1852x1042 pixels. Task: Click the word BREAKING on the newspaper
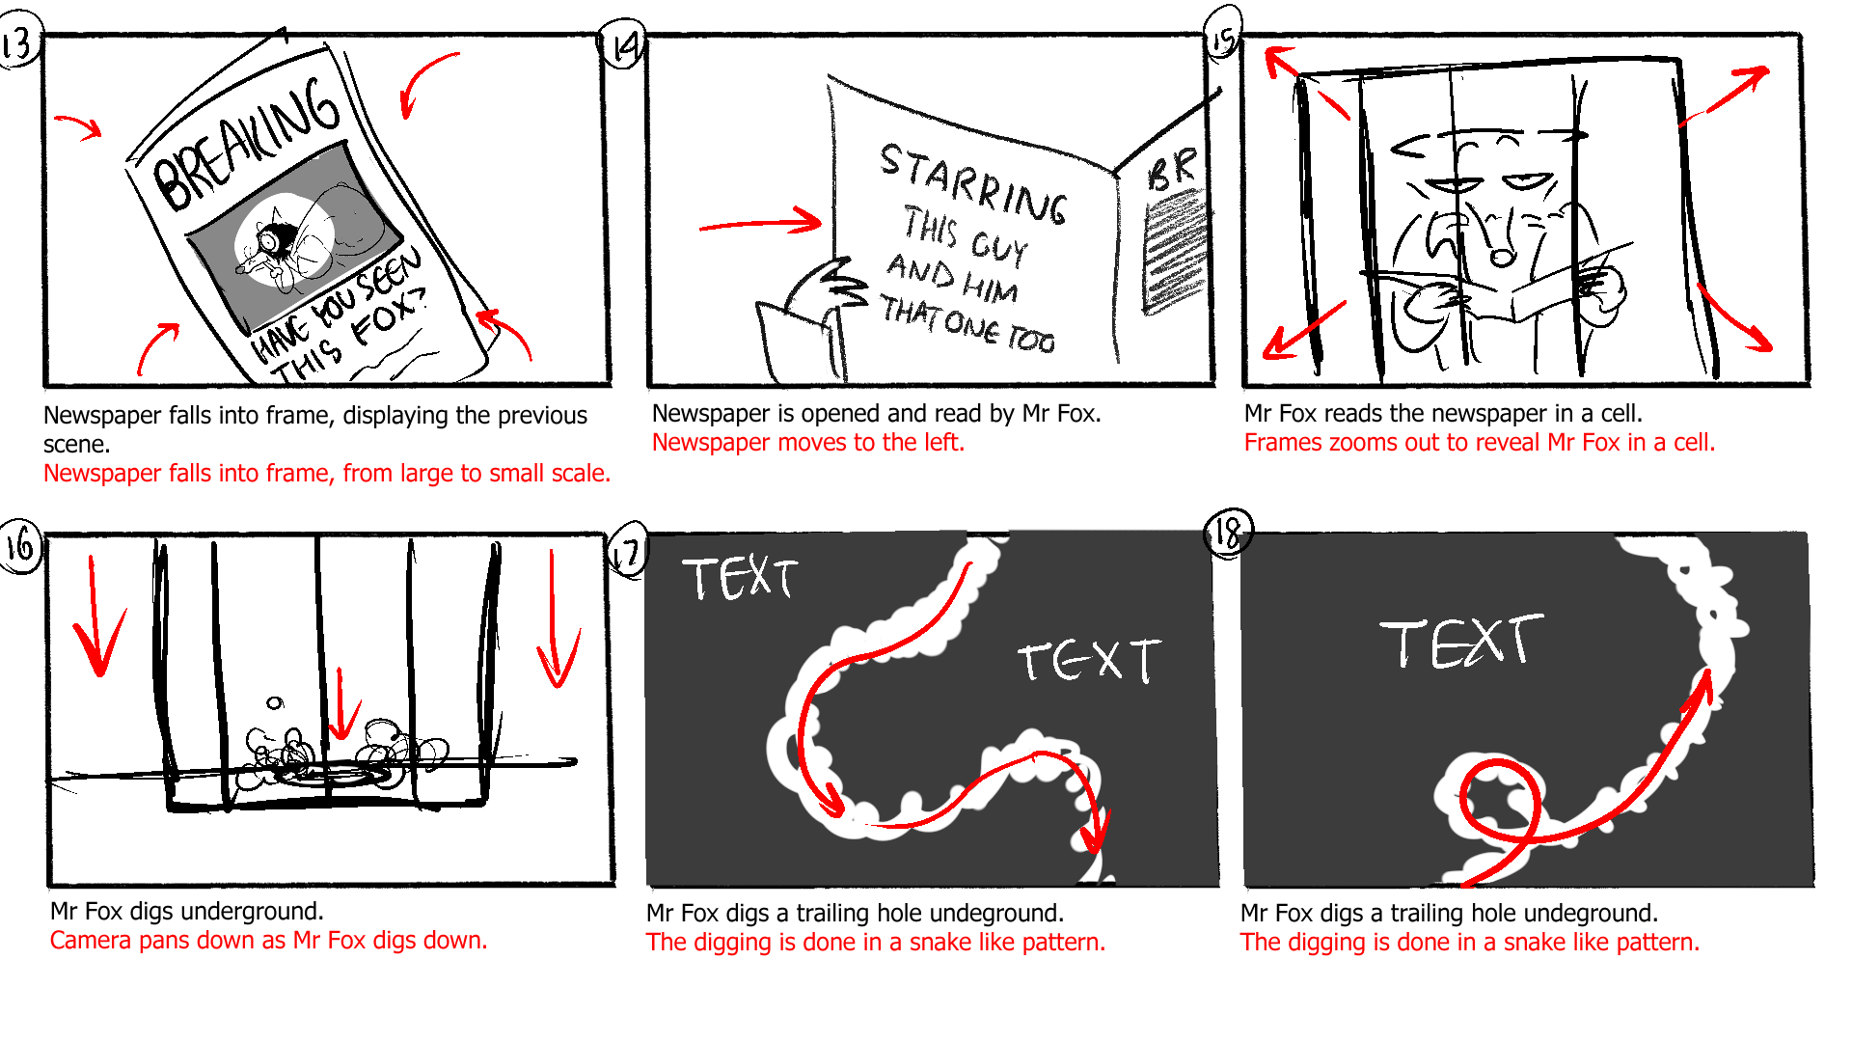tap(246, 145)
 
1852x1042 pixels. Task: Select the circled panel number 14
tap(625, 45)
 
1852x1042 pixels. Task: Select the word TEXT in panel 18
tap(1460, 642)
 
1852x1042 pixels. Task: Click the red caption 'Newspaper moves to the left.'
tap(807, 443)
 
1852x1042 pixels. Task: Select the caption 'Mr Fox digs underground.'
tap(187, 912)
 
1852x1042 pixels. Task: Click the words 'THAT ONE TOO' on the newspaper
tap(967, 324)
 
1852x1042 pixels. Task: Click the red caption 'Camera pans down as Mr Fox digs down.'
tap(268, 941)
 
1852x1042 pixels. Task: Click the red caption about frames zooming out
tap(1479, 443)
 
